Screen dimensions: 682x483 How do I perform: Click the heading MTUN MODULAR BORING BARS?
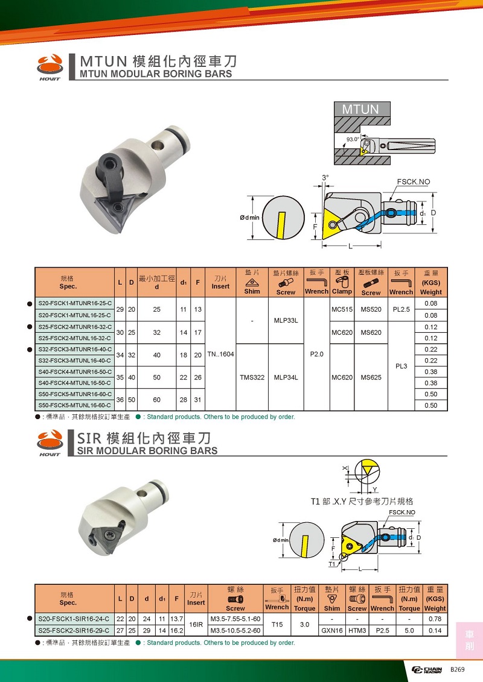(x=156, y=74)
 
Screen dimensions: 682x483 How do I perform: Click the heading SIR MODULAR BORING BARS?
(x=149, y=450)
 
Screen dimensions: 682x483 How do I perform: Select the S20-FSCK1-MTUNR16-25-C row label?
(x=74, y=303)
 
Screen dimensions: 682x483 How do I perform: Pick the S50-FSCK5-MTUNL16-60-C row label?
(x=74, y=405)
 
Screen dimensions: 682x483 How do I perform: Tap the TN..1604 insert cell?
(x=220, y=355)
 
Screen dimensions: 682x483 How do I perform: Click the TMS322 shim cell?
(x=252, y=377)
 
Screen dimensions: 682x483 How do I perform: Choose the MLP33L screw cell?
(x=286, y=321)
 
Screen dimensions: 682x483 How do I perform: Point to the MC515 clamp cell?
(x=342, y=309)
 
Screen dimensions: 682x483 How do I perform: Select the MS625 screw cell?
(x=371, y=377)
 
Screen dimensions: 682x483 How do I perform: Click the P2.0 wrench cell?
(x=316, y=355)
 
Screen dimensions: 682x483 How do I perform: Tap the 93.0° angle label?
(x=353, y=139)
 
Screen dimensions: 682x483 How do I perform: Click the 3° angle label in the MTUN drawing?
(x=325, y=178)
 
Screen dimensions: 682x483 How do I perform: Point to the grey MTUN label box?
(x=360, y=109)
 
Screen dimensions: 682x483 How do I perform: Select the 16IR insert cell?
(x=196, y=625)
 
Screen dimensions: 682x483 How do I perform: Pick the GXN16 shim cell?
(x=332, y=630)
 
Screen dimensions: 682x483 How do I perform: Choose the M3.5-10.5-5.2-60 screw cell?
(x=235, y=630)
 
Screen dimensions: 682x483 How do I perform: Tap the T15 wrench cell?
(x=277, y=625)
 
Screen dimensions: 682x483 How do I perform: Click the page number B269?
(x=457, y=670)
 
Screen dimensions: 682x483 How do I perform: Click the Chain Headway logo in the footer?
(x=427, y=670)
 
